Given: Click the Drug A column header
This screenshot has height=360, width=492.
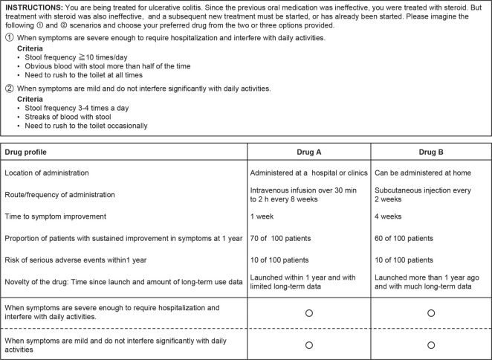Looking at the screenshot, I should [308, 152].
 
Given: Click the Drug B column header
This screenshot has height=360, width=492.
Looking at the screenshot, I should [430, 152].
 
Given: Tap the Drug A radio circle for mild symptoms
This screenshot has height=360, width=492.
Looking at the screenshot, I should [308, 345].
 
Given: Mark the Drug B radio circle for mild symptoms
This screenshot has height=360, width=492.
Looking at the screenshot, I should [430, 345].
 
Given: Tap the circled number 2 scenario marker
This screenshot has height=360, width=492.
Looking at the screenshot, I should [8, 89].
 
